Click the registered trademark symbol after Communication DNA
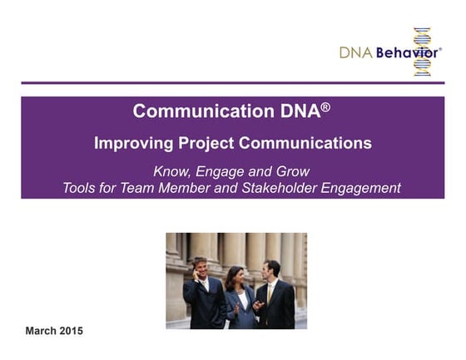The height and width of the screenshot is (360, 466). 328,106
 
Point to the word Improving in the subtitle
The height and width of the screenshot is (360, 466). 132,143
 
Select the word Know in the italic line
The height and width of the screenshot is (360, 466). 171,171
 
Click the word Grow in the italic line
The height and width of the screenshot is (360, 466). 293,171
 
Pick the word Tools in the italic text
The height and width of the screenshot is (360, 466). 81,188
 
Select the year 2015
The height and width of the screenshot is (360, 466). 72,332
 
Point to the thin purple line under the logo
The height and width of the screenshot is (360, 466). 233,82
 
